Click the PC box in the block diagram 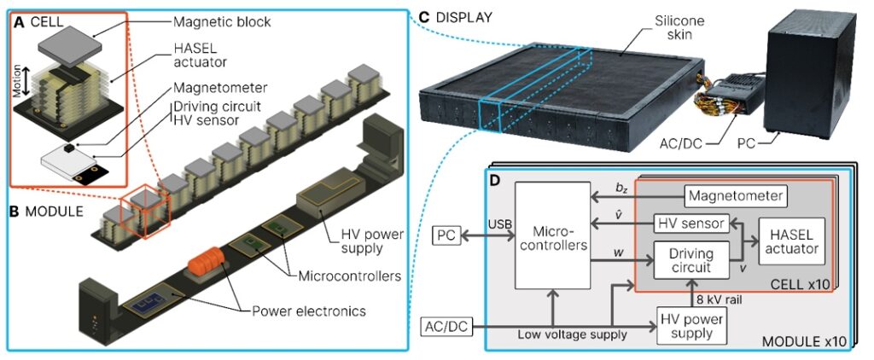pyautogui.click(x=447, y=234)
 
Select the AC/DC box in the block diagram pyautogui.click(x=446, y=326)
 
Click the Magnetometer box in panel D pyautogui.click(x=735, y=195)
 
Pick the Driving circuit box pyautogui.click(x=691, y=258)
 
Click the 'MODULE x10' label pyautogui.click(x=802, y=341)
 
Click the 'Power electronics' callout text pyautogui.click(x=309, y=311)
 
